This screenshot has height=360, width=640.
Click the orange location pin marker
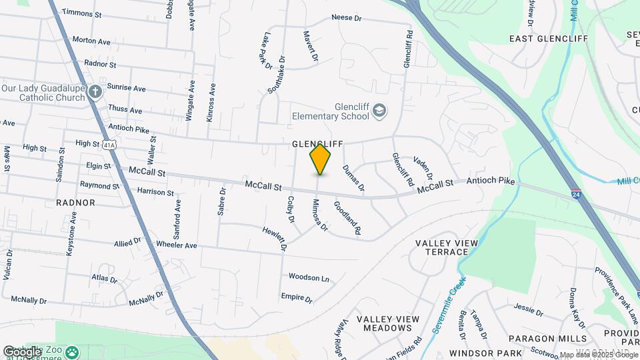tap(320, 159)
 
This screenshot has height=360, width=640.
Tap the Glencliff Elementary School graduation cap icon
tap(379, 110)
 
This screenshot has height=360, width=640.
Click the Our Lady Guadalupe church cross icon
tap(95, 91)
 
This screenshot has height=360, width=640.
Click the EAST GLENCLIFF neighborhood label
tap(549, 38)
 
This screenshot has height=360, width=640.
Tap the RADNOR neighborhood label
tap(76, 202)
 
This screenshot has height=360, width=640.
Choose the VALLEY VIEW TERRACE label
tap(442, 247)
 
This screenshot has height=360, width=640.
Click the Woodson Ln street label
tap(309, 277)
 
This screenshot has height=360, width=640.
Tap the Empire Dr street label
tap(297, 298)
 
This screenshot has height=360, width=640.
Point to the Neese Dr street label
tap(345, 17)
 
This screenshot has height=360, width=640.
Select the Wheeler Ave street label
tap(176, 245)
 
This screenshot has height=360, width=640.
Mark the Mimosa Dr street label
tap(320, 215)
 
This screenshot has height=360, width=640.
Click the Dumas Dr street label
tap(353, 178)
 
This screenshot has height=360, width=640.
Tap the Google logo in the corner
tap(21, 351)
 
